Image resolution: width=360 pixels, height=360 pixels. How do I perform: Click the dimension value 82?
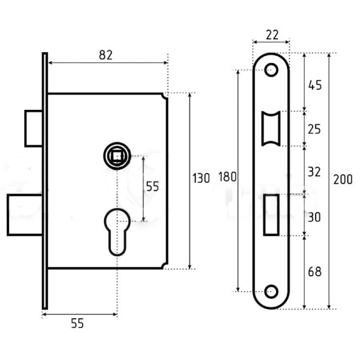tap(106, 55)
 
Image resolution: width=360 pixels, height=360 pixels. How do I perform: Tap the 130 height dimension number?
tap(201, 178)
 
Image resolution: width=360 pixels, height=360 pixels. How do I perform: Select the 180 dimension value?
tap(227, 177)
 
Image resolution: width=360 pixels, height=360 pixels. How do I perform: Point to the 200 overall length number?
tap(343, 179)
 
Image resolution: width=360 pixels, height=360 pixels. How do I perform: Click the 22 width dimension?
tap(272, 35)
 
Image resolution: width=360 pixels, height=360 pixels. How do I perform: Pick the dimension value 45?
tap(315, 85)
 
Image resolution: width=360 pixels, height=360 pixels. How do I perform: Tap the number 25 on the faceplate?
tap(314, 130)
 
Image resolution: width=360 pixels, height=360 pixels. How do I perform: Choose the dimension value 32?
tap(314, 172)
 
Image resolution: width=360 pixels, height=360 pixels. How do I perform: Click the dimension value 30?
tap(314, 217)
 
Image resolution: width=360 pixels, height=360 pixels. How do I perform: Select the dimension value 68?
tap(315, 272)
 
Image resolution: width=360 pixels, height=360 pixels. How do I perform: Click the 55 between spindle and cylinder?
tap(153, 186)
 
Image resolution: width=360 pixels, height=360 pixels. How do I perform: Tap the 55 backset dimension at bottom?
tap(77, 323)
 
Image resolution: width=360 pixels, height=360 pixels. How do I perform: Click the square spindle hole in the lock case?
tap(117, 156)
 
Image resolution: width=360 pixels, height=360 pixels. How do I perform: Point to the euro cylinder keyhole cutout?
tap(117, 232)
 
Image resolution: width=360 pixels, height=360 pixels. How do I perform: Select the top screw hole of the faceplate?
tap(271, 70)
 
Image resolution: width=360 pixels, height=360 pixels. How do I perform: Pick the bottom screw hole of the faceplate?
tap(271, 292)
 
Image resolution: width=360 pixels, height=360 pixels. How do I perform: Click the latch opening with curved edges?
tap(271, 129)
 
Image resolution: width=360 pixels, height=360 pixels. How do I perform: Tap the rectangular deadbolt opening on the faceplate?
tap(271, 215)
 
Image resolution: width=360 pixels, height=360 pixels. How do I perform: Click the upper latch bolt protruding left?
tap(33, 128)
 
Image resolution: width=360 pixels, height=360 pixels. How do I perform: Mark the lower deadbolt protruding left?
tap(25, 215)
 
